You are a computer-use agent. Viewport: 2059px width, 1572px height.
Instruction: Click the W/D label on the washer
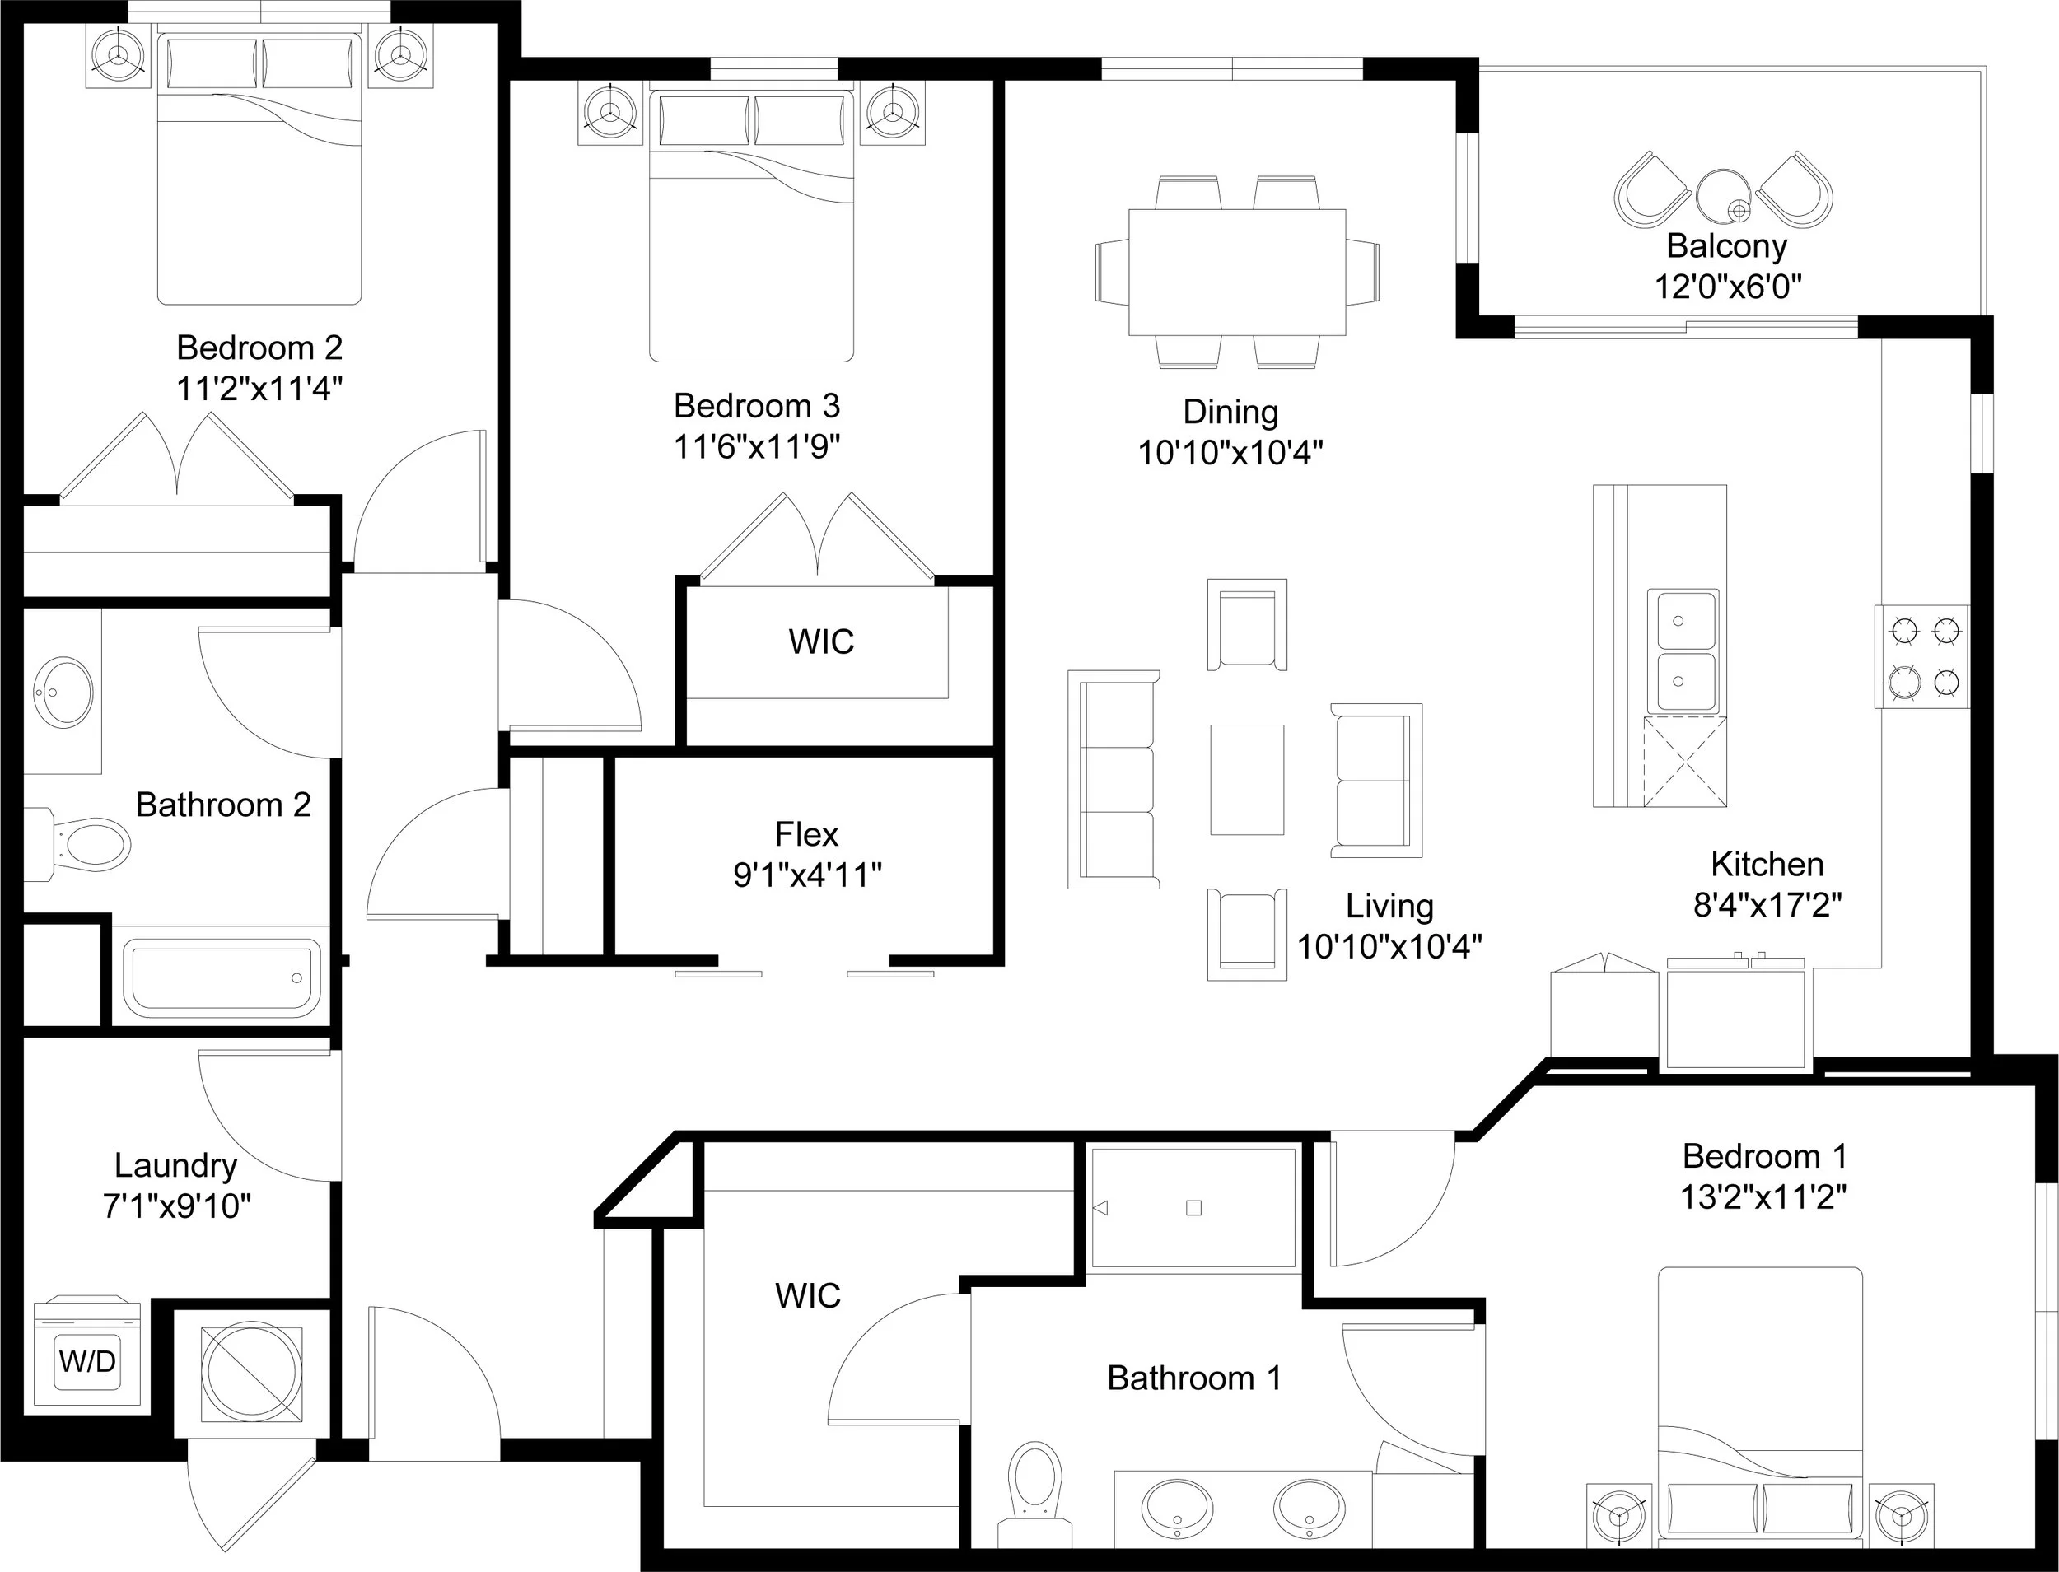[x=87, y=1360]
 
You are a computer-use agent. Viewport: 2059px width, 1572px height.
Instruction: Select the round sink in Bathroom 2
[x=63, y=692]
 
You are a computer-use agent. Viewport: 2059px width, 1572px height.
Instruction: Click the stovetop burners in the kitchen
[x=1921, y=657]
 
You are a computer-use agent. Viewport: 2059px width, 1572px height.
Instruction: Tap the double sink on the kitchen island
[x=1682, y=651]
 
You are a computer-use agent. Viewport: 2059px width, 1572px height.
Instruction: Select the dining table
[x=1237, y=272]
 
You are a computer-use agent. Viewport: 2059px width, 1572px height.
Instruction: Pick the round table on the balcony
[x=1723, y=194]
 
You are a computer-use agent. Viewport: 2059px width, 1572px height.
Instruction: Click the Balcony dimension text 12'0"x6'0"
[x=1728, y=287]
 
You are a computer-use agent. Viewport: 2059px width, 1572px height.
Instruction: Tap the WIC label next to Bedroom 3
[x=821, y=642]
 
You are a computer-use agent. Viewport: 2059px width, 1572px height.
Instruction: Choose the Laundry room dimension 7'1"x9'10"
[x=177, y=1206]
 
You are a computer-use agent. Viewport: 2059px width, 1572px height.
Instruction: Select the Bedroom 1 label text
[x=1764, y=1156]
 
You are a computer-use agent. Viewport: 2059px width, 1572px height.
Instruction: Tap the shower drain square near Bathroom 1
[x=1193, y=1208]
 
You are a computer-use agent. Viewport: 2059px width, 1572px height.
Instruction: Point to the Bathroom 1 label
[x=1194, y=1378]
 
